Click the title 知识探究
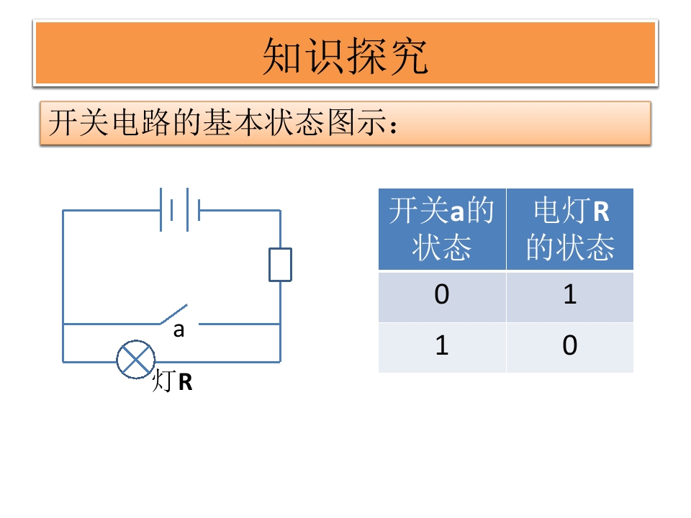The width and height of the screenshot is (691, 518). pos(345,56)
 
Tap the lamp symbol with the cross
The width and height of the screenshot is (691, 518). pos(136,360)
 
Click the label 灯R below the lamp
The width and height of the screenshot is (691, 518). pos(172,381)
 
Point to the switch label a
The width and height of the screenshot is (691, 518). pos(179,330)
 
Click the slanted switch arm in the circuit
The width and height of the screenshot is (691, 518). pos(173,314)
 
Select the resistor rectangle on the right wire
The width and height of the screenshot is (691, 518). pos(280,265)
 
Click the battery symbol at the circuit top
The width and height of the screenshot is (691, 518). pos(180,209)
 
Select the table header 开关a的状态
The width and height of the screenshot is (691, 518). pos(441,229)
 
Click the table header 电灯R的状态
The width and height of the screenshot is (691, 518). pos(570,229)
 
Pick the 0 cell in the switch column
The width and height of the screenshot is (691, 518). pos(441,294)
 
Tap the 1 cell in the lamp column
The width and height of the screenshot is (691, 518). pos(570,294)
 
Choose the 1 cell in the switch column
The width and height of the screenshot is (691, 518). pos(442,345)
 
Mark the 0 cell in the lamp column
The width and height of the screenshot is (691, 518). pos(570,345)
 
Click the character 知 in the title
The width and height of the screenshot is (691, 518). pos(282,56)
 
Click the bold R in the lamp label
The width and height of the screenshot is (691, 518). pos(186,382)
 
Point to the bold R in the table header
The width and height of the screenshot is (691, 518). pos(601,212)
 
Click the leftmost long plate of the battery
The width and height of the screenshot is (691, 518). pos(161,209)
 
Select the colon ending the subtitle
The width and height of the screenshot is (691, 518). pos(394,125)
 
